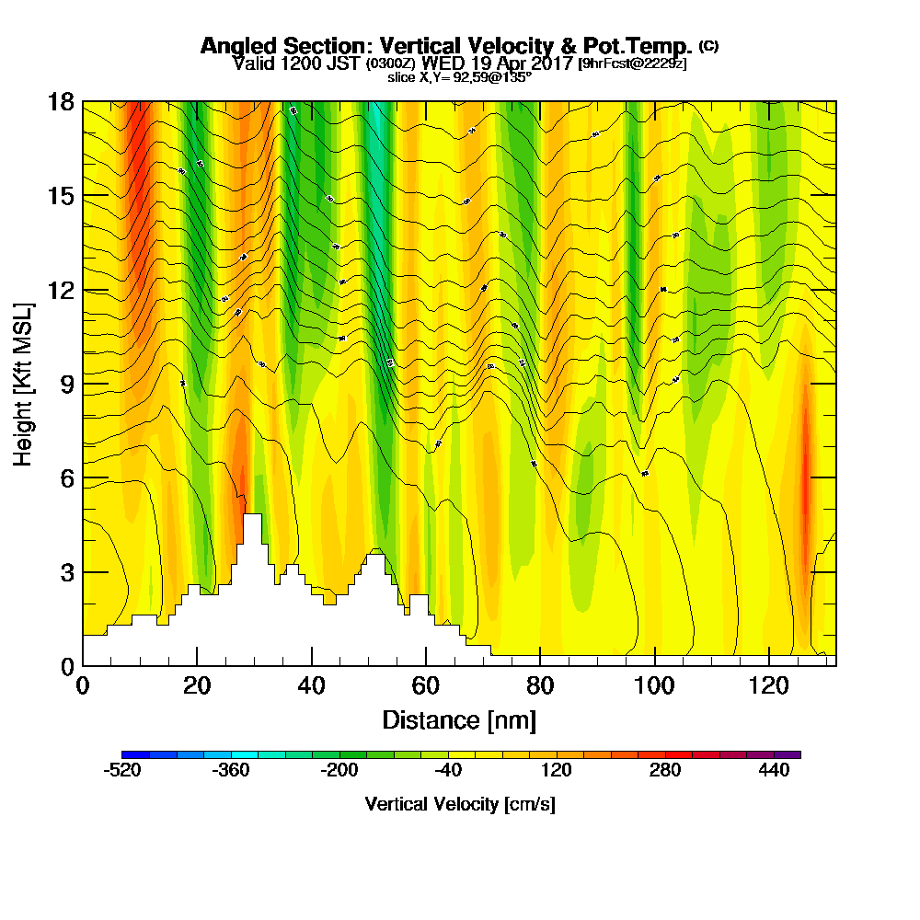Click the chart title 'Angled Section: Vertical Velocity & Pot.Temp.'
[446, 46]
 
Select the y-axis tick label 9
[66, 384]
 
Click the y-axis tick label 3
[66, 572]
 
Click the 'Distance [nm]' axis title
[459, 719]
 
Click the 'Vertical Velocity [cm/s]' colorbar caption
[459, 804]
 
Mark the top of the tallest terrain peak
[253, 515]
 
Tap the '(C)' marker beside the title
[709, 45]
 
